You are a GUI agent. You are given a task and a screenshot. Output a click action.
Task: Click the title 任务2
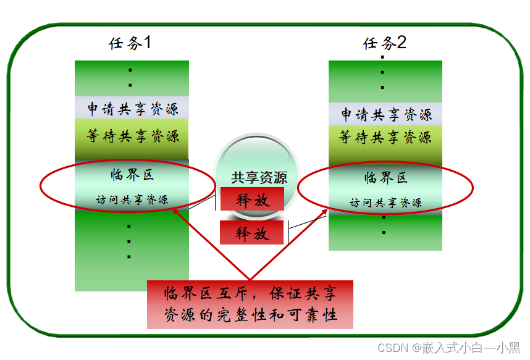pos(384,43)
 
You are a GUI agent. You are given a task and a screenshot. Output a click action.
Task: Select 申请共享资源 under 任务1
pos(132,109)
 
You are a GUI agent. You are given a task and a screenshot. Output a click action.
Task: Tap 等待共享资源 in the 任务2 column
pos(385,137)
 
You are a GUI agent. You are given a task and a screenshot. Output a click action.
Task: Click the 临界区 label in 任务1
pos(132,175)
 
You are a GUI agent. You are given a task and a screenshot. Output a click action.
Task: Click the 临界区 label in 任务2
pos(386,178)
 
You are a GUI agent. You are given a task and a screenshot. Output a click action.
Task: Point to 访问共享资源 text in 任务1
pos(132,199)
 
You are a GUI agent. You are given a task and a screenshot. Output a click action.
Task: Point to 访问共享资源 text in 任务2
pos(386,202)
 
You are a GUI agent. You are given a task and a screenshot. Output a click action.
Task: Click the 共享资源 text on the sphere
pos(259,178)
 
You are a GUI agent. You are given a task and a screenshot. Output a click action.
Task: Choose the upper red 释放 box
pos(252,199)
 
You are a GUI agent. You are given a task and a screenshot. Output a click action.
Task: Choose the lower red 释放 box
pos(252,233)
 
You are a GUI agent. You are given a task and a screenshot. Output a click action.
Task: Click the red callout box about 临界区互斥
pos(250,304)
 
